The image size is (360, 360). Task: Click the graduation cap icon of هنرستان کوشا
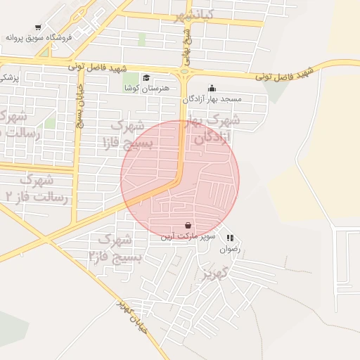(x=146, y=78)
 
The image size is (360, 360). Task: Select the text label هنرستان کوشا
(x=146, y=89)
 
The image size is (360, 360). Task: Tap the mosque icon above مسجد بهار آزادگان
(x=212, y=89)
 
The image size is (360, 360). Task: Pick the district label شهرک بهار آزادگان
(x=211, y=129)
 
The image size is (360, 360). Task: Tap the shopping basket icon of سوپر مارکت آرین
(x=188, y=226)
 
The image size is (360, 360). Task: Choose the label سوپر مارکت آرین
(x=187, y=237)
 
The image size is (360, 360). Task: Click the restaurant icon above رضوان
(x=230, y=238)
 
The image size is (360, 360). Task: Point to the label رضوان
(x=230, y=248)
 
